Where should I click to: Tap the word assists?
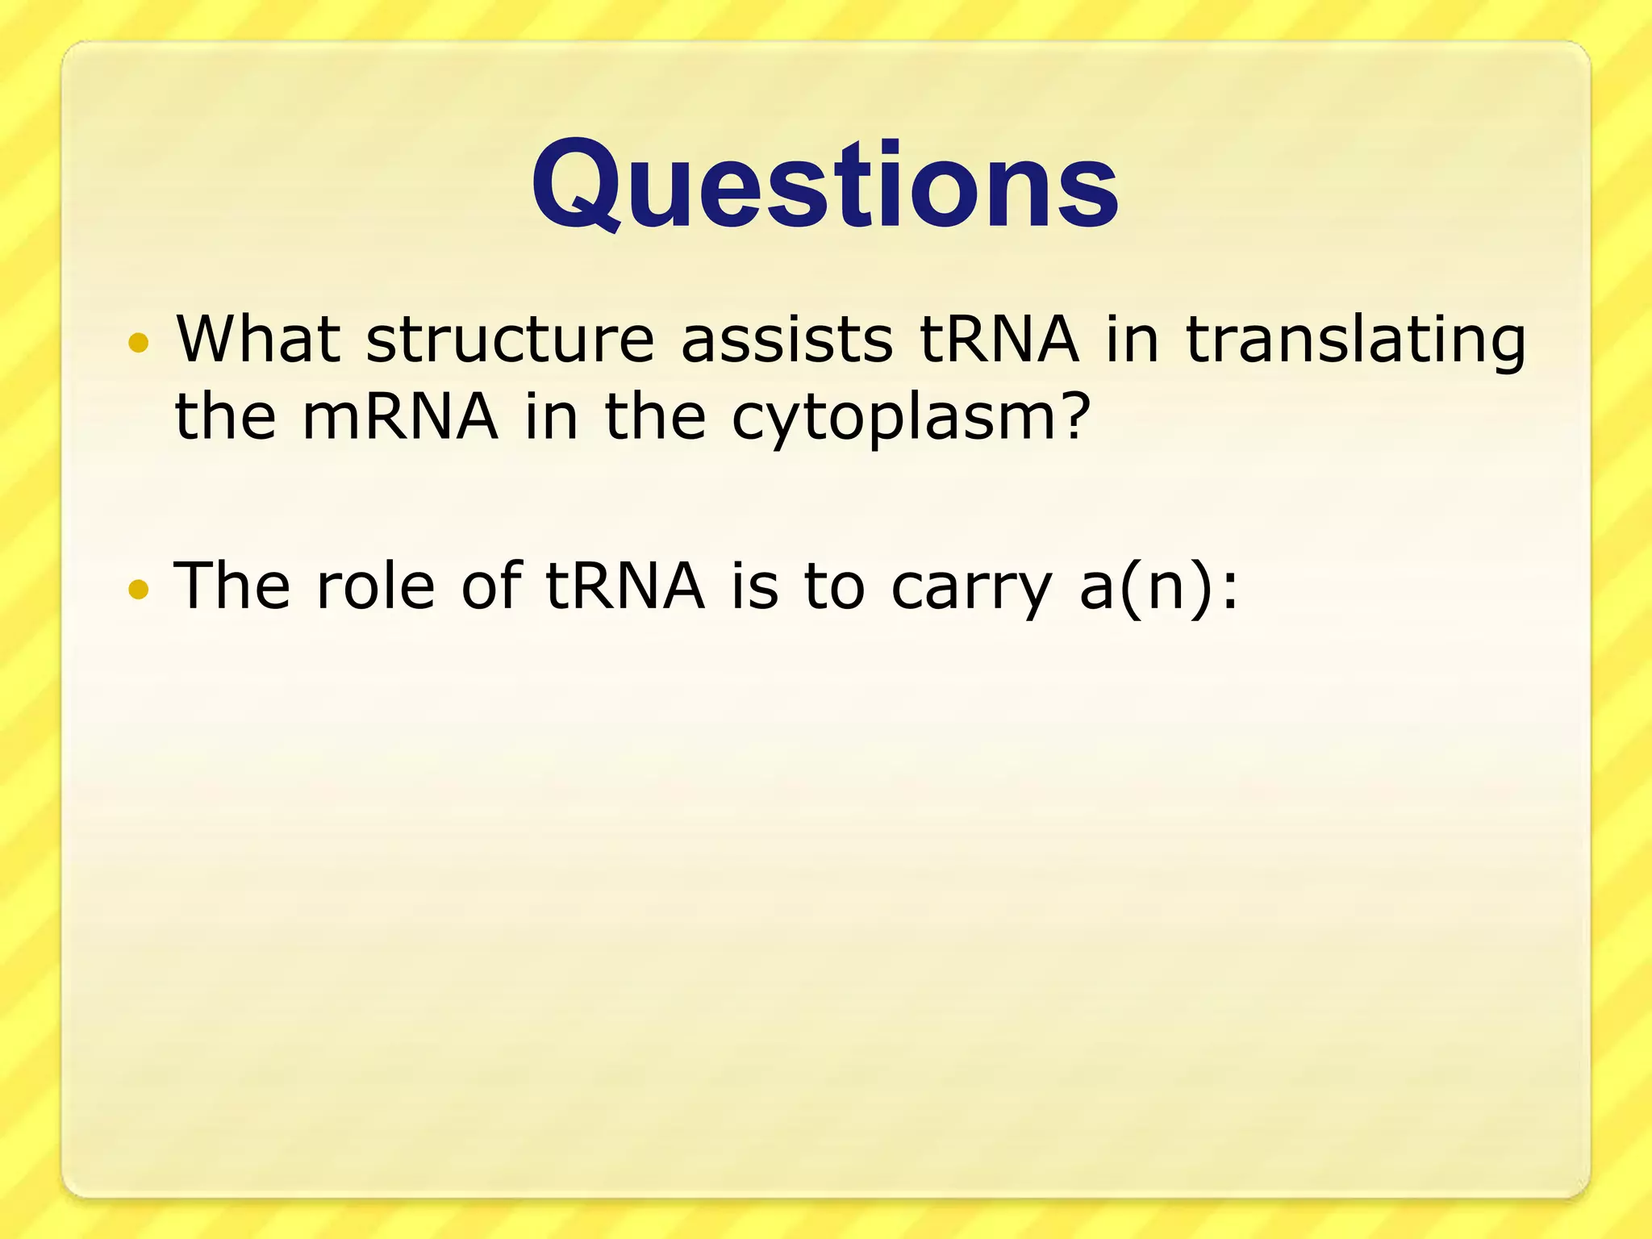[x=786, y=340]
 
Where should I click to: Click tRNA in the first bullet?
[x=999, y=340]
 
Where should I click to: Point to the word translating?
[x=1355, y=343]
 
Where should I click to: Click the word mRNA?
[x=400, y=417]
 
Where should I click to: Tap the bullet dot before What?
[x=139, y=342]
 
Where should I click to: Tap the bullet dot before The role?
[x=139, y=590]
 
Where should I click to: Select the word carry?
[x=972, y=590]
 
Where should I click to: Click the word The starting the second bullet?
[x=232, y=586]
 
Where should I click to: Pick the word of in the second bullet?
[x=490, y=586]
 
